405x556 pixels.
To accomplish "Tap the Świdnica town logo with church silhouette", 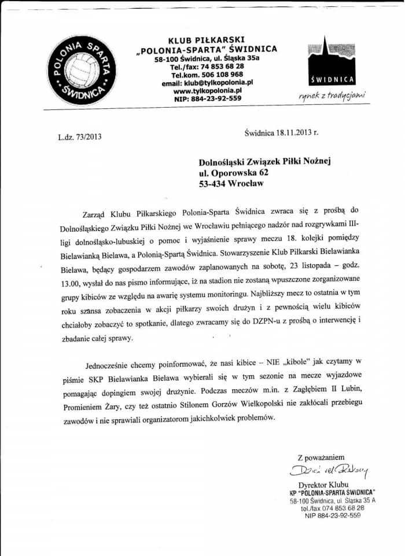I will pyautogui.click(x=332, y=64).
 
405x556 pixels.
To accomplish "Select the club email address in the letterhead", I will pyautogui.click(x=208, y=83).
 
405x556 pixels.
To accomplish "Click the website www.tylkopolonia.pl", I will pyautogui.click(x=207, y=91).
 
